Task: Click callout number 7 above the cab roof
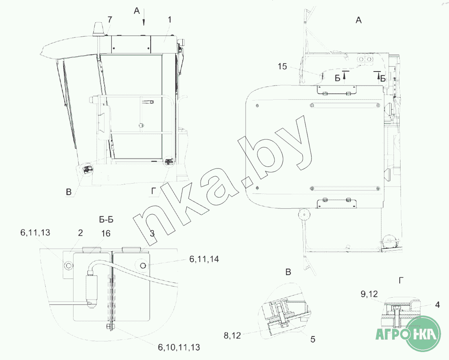tap(110, 19)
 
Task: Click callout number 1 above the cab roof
tap(170, 19)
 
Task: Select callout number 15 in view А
tap(282, 66)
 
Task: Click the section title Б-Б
tap(106, 220)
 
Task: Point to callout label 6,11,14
tap(204, 259)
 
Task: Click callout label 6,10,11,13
tap(179, 347)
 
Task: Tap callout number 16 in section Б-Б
tap(106, 233)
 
